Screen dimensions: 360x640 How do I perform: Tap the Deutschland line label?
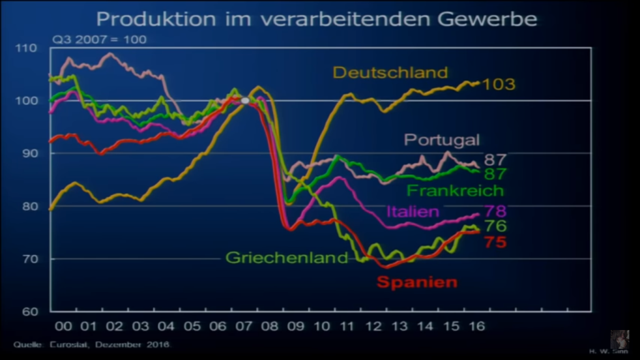(390, 72)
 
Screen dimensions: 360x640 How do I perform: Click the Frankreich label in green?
(455, 190)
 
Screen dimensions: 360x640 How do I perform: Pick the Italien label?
(412, 211)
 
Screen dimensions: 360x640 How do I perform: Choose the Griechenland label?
(287, 257)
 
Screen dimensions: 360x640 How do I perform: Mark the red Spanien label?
(417, 282)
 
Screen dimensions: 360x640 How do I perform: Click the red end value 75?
(495, 242)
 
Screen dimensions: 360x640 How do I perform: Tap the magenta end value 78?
(495, 211)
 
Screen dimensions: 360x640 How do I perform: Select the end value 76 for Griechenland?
(495, 226)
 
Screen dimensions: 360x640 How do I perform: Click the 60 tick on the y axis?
(29, 311)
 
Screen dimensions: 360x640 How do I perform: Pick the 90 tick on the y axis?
(29, 153)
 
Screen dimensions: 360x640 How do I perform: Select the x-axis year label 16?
(476, 326)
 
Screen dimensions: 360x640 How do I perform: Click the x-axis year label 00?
(63, 326)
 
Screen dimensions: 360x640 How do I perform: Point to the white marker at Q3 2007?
(245, 100)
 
